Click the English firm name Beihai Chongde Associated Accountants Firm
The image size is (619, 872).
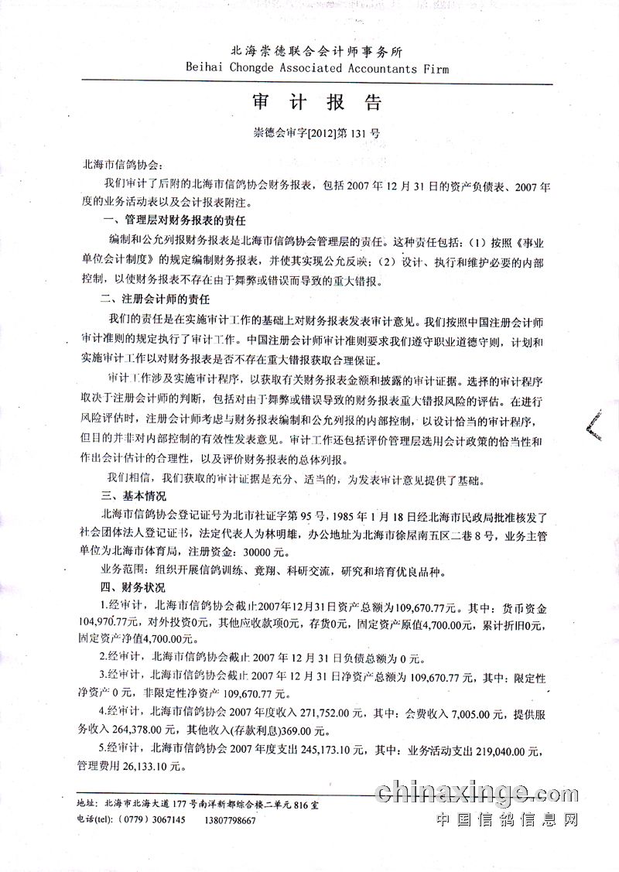pyautogui.click(x=317, y=68)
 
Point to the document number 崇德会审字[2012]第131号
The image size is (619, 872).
pyautogui.click(x=317, y=132)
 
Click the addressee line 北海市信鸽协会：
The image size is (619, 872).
pyautogui.click(x=124, y=166)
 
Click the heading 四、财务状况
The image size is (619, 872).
pyautogui.click(x=128, y=589)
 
